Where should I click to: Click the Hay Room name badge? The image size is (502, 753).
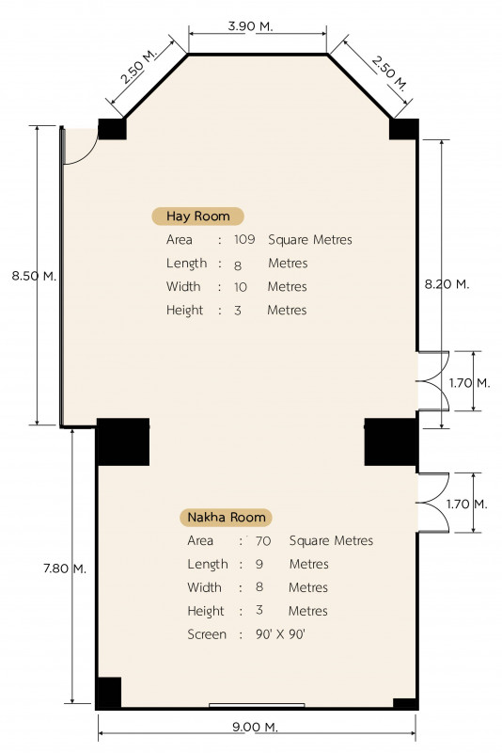pyautogui.click(x=197, y=216)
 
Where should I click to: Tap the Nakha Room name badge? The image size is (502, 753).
pyautogui.click(x=226, y=517)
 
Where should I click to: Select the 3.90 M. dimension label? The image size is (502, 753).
pyautogui.click(x=250, y=26)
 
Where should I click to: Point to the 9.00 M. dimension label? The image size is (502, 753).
pyautogui.click(x=255, y=727)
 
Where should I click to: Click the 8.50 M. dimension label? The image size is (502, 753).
pyautogui.click(x=34, y=276)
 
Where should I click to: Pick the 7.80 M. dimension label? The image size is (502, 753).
pyautogui.click(x=65, y=569)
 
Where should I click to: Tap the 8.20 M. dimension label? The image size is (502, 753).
pyautogui.click(x=447, y=284)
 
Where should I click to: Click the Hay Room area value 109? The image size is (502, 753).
pyautogui.click(x=244, y=239)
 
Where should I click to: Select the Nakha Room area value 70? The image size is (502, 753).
pyautogui.click(x=263, y=540)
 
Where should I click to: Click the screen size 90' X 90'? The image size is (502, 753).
pyautogui.click(x=280, y=634)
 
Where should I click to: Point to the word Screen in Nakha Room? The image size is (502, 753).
pyautogui.click(x=207, y=634)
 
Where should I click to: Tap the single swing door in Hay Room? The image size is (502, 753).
pyautogui.click(x=81, y=147)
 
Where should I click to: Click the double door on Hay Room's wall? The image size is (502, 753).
pyautogui.click(x=433, y=381)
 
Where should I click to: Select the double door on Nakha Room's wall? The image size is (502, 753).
pyautogui.click(x=433, y=503)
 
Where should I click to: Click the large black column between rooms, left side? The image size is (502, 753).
pyautogui.click(x=123, y=441)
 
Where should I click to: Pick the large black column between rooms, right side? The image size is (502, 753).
pyautogui.click(x=390, y=441)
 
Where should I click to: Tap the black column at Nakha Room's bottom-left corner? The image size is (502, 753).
pyautogui.click(x=108, y=692)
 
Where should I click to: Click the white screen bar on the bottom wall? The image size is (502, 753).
pyautogui.click(x=257, y=705)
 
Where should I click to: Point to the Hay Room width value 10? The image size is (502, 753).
pyautogui.click(x=241, y=287)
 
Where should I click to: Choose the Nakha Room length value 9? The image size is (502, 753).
pyautogui.click(x=259, y=564)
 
